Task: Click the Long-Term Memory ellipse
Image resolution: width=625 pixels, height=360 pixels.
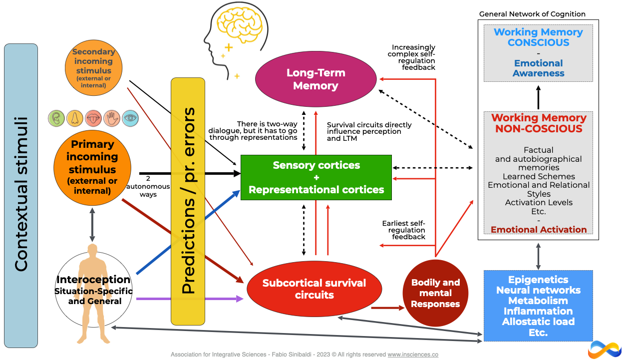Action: click(315, 79)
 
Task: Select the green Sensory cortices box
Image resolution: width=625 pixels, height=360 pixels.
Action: click(316, 177)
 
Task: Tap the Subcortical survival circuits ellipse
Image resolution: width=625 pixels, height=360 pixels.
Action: click(314, 289)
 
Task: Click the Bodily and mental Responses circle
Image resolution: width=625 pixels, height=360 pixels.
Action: click(435, 293)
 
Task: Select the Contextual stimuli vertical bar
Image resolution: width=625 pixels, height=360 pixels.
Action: click(21, 195)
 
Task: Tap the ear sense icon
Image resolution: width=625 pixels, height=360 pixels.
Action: click(56, 118)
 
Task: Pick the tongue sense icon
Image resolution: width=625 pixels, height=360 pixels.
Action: click(93, 118)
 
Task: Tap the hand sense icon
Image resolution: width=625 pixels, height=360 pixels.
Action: click(112, 118)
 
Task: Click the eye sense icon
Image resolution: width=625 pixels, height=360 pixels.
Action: click(130, 118)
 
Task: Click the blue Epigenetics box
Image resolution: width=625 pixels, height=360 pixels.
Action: click(538, 306)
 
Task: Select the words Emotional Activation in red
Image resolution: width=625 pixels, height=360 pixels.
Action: click(539, 230)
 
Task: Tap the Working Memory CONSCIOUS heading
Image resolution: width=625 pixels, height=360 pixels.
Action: click(538, 37)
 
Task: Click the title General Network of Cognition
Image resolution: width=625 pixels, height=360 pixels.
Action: click(532, 14)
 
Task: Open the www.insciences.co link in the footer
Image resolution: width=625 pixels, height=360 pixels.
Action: click(413, 355)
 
